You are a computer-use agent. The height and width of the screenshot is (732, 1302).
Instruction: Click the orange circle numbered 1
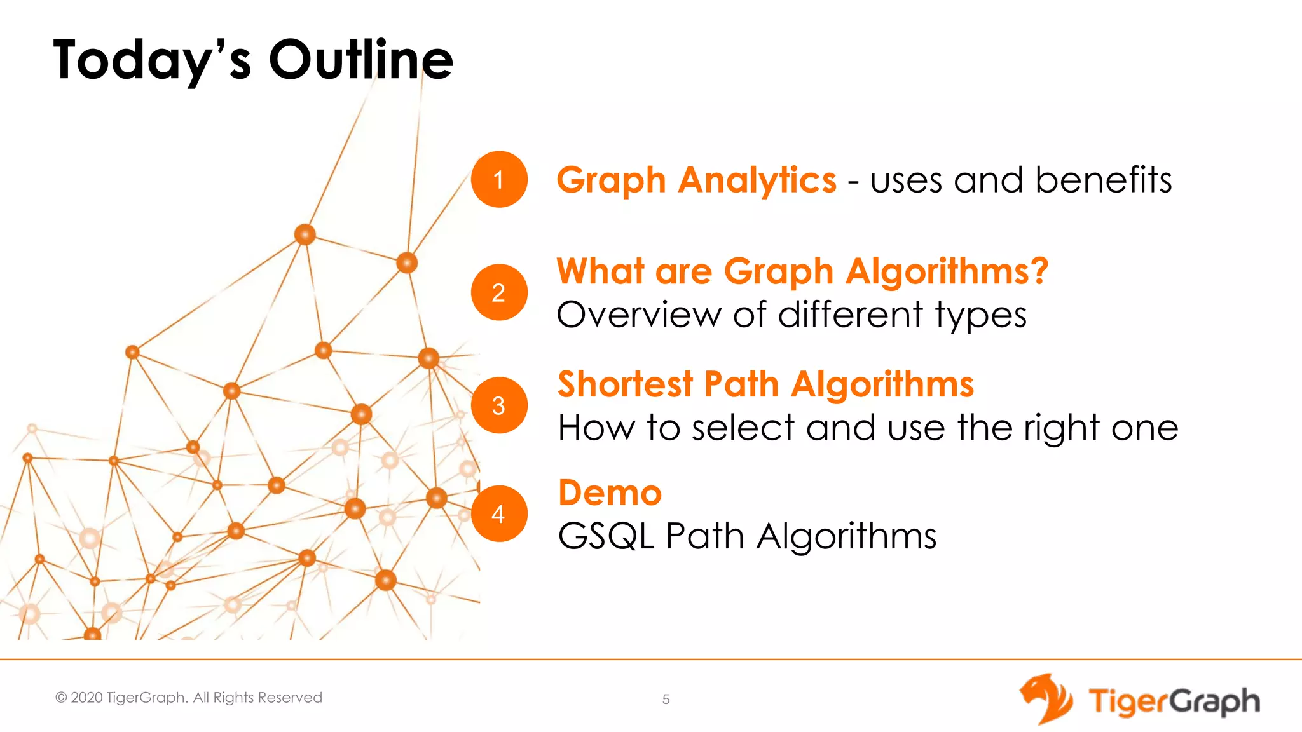click(499, 179)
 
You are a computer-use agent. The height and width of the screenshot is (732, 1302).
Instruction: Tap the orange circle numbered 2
click(499, 292)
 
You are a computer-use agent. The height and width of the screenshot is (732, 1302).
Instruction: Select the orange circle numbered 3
click(499, 405)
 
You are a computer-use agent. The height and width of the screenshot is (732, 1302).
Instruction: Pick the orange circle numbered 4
click(499, 513)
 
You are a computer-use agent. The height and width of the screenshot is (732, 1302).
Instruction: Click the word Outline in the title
click(361, 60)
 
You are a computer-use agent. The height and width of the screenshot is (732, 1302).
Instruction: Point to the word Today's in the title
click(153, 61)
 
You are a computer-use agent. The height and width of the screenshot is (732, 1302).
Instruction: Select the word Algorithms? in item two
click(947, 272)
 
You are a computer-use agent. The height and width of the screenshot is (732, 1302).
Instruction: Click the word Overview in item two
click(639, 315)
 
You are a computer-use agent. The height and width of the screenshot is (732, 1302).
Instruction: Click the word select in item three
click(743, 428)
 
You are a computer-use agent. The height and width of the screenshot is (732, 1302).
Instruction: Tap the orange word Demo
click(610, 493)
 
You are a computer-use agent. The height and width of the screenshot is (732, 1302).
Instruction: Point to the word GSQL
click(606, 536)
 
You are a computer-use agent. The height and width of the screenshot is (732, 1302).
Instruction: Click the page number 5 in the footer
click(666, 700)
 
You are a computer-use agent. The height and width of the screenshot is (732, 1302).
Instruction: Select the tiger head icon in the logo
click(1046, 699)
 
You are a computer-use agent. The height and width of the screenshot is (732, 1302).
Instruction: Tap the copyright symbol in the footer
click(61, 698)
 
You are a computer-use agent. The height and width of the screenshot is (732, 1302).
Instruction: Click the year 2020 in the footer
click(86, 698)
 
